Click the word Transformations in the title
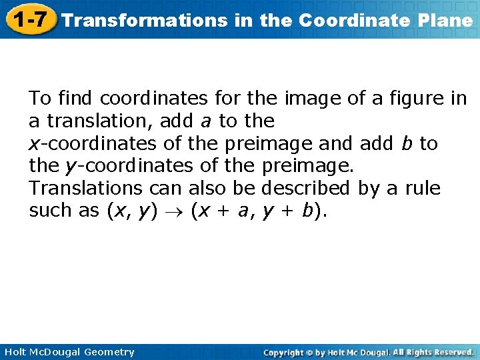click(x=143, y=20)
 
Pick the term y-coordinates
click(x=123, y=166)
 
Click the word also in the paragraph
click(x=212, y=189)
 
